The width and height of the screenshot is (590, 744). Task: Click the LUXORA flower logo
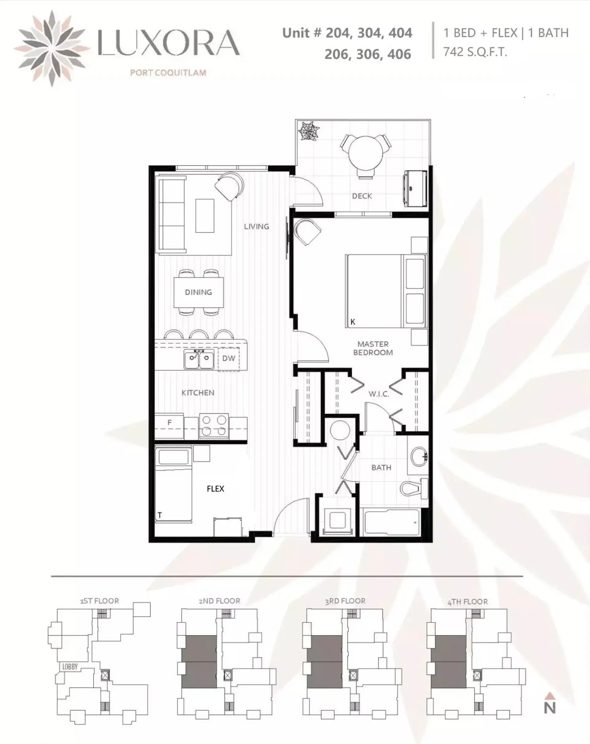(52, 48)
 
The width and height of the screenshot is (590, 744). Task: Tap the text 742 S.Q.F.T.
(475, 52)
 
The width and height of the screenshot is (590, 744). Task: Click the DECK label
(362, 196)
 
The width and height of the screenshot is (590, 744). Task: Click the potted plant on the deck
(309, 131)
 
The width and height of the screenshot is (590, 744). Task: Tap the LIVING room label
(256, 227)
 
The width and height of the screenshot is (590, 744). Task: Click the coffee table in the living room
(205, 216)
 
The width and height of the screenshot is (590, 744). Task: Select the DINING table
(199, 292)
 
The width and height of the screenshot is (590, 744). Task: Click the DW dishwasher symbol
(229, 359)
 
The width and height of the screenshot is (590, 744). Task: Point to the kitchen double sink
(199, 359)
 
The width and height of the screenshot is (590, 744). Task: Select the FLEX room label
(215, 489)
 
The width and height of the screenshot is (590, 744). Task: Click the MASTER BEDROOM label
(373, 348)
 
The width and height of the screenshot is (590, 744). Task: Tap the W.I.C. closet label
(379, 394)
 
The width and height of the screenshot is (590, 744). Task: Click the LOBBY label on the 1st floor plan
(70, 667)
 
